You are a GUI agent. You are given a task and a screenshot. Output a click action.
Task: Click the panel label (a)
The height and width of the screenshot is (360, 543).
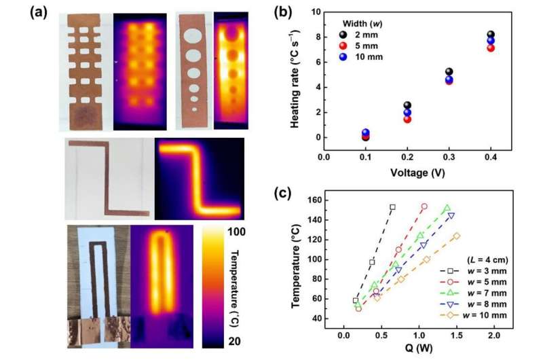click(x=37, y=14)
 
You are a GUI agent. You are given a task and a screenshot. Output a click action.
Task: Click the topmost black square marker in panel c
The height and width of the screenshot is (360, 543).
click(x=392, y=206)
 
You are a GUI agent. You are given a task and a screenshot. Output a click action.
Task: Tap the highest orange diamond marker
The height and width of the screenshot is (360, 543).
click(x=457, y=236)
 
